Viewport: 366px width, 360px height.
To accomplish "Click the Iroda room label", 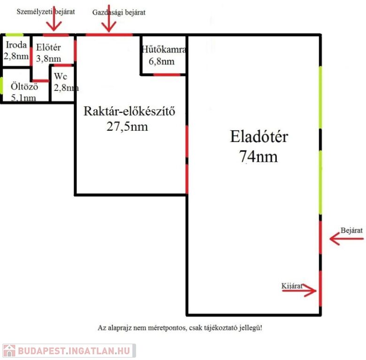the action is pos(16,45).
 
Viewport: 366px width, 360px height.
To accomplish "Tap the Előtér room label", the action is pos(48,47).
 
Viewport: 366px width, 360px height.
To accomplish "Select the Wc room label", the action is pos(61,76).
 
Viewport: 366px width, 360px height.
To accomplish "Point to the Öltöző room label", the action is pos(24,86).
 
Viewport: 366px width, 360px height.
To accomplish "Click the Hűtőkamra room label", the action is pos(164,49).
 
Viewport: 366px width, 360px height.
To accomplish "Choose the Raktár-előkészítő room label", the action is pos(130,111).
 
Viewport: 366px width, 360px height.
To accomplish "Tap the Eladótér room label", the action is pos(259,136).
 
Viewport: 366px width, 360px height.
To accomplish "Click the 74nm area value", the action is pos(259,156).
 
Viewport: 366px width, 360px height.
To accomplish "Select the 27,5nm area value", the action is pos(127,127).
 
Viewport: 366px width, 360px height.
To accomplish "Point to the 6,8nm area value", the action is pos(161,61).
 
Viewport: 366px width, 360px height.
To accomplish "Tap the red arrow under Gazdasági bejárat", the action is pos(109,18).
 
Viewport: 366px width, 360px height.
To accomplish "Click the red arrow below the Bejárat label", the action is pos(346,239).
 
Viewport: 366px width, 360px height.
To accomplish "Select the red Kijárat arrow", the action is pos(299,290).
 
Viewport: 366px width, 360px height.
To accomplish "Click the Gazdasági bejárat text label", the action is pos(119,12).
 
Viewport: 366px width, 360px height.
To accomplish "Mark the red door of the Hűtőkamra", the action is pos(167,75).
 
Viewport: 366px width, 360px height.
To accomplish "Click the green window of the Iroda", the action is pos(14,35).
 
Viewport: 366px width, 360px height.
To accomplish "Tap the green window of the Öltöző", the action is pos(1,86).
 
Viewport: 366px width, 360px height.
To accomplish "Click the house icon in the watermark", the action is pos(9,351).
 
